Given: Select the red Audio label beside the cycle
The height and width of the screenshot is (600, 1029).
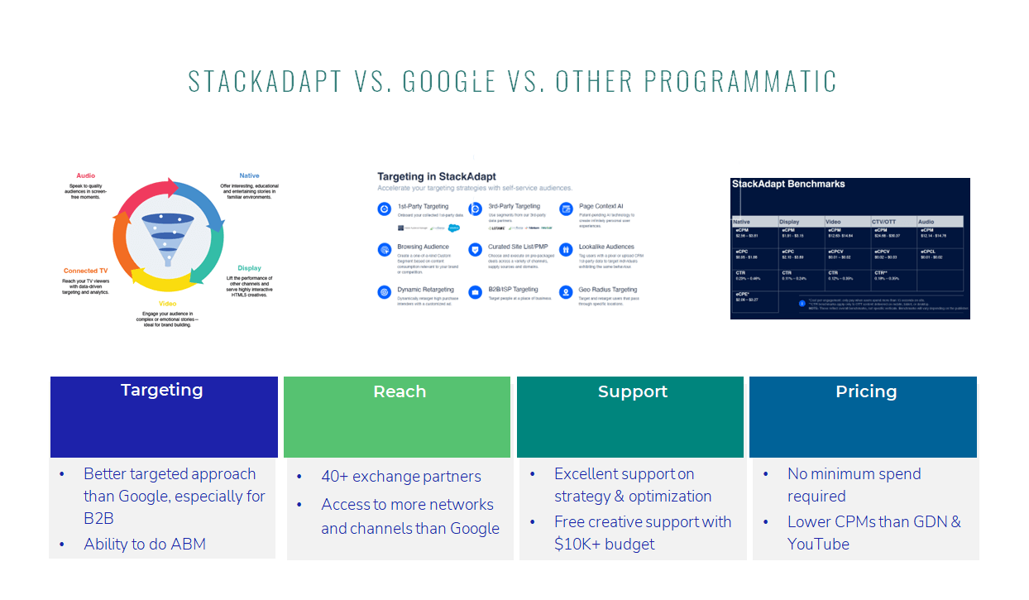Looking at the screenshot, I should [85, 175].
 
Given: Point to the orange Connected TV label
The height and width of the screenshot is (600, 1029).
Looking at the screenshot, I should [87, 271].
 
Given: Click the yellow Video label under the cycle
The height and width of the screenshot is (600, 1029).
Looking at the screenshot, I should [167, 304].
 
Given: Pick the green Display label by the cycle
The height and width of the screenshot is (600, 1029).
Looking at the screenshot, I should [249, 268].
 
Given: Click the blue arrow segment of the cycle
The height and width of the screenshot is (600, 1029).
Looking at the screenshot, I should [203, 203].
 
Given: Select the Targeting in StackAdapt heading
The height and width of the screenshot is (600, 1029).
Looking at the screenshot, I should [431, 176].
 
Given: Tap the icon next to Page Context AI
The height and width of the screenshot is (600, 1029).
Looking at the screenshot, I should [566, 209].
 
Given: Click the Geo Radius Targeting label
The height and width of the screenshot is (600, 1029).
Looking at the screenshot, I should [608, 290].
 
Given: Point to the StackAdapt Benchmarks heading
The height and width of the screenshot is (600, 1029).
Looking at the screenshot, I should [789, 184].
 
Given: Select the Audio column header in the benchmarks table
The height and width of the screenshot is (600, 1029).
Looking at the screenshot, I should [926, 222].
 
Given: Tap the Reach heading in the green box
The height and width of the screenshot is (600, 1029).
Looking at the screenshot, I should [400, 391].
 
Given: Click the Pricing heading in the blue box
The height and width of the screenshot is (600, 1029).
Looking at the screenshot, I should [866, 391].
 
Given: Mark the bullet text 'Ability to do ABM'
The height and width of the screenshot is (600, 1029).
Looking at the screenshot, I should [145, 544].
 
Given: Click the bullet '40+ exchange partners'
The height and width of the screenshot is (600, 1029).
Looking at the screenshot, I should [401, 477].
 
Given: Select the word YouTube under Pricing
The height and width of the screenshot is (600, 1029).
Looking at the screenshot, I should [818, 544].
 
